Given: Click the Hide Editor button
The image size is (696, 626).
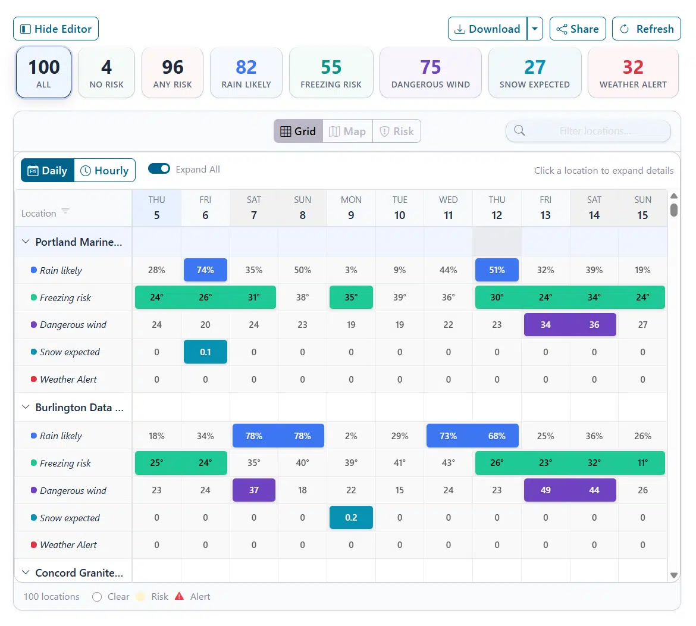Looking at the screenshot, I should coord(56,29).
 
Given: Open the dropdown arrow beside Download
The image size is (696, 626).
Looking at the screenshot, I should coord(535,29).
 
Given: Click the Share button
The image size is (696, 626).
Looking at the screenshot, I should coord(578,29).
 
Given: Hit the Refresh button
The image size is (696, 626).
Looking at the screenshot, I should coord(646,29).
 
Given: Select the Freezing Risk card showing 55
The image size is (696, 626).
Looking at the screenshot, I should coord(331,73).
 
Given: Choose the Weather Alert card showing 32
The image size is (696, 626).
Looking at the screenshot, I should coord(632,73).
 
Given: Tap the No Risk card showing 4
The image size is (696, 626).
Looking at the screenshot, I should coord(106,73).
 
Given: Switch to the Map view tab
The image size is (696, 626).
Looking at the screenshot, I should coord(347,132).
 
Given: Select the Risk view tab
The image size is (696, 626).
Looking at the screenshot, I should coord(397,132).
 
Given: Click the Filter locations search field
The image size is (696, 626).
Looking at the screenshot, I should coord(595,132).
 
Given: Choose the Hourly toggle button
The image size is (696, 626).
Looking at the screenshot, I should coord(105,171).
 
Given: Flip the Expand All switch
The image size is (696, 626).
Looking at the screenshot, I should coord(159,169).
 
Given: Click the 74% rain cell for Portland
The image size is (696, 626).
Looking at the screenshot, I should coord(205,270).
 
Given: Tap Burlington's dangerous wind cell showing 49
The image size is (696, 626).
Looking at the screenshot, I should coord(545,490).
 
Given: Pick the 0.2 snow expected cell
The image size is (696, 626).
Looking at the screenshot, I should coord(351,518).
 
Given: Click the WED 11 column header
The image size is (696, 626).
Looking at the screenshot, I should coord(448,208).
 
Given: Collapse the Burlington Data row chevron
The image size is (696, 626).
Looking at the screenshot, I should coord(26,408).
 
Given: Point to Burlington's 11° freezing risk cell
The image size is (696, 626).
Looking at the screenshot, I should coord(642,463).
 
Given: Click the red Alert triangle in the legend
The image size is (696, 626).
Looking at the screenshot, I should coord(180,596).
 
